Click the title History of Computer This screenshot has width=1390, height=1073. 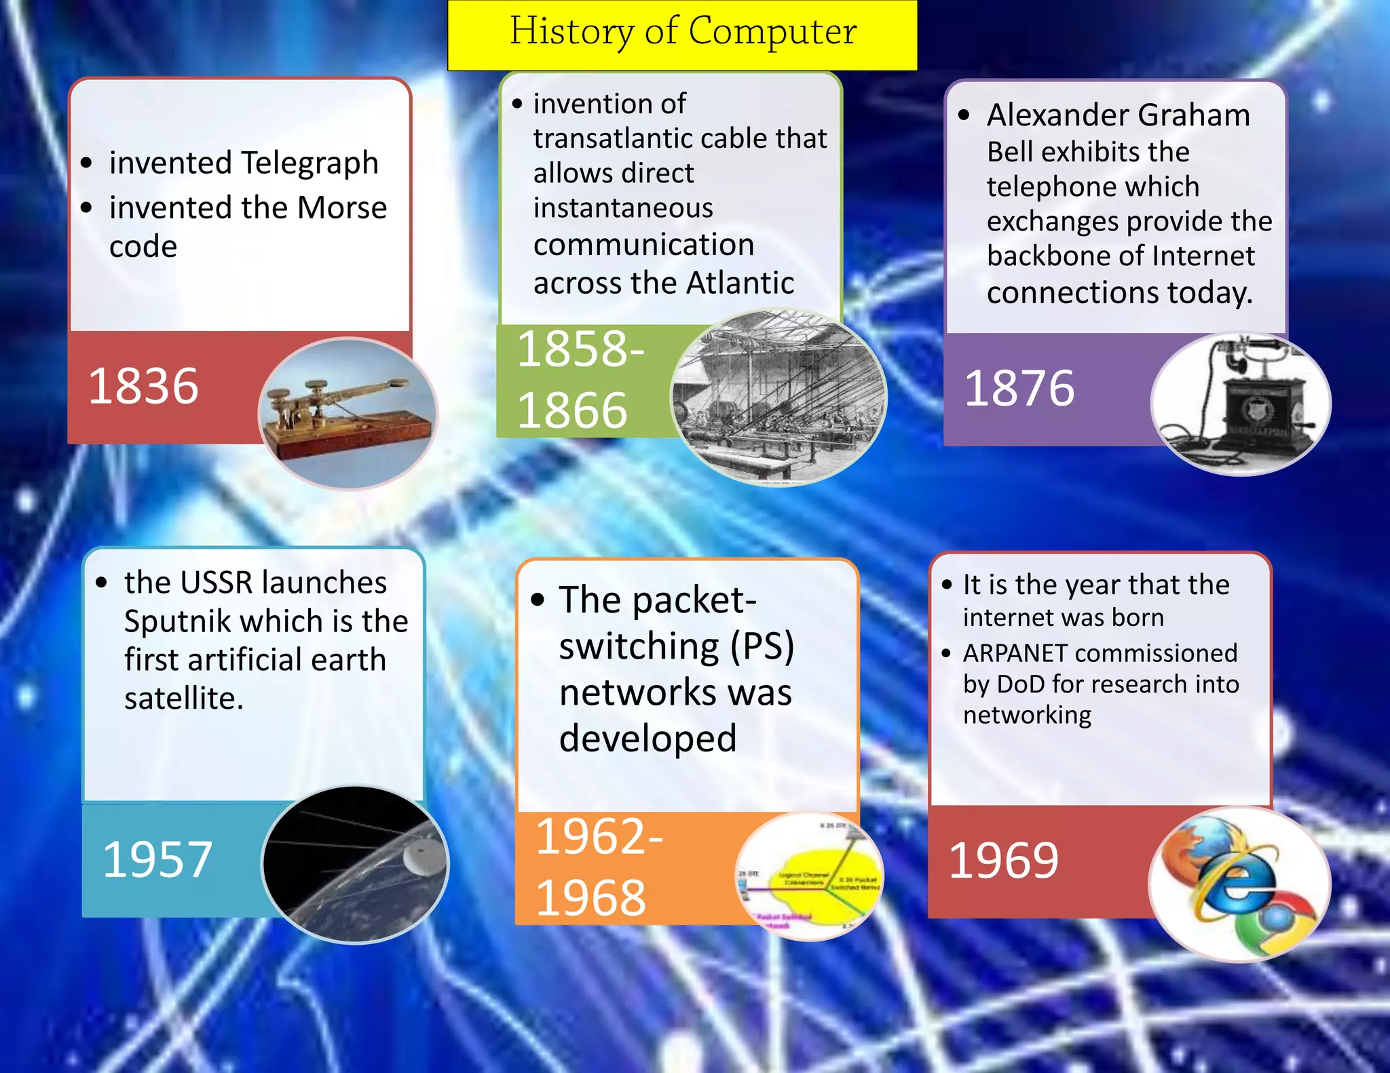pos(682,32)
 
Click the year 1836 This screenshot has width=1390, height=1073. pos(143,386)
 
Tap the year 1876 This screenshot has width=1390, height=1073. pos(1019,389)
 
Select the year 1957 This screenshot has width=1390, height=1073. pos(157,859)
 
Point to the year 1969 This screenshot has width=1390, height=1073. pos(1003,861)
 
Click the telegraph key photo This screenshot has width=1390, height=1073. pos(347,414)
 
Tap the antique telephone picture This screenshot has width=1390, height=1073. pos(1241,404)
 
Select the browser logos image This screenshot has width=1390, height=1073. pos(1239,884)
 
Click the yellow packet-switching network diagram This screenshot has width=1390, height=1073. pos(809,876)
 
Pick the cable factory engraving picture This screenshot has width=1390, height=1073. pos(778,397)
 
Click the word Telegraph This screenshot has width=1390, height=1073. pos(310,163)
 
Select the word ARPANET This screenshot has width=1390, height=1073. pos(1015,653)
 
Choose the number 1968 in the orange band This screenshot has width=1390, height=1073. pos(590,897)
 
